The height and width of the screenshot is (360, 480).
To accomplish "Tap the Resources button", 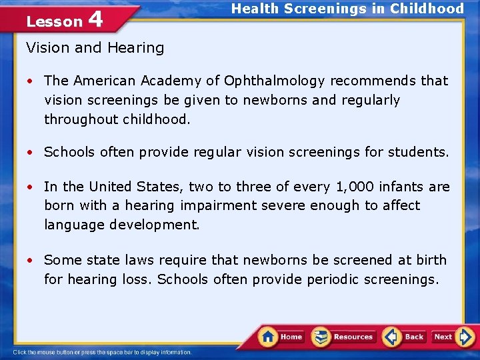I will (x=343, y=337).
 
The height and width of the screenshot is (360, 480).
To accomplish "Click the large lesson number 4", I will (x=95, y=19).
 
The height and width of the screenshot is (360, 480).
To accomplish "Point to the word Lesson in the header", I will (x=54, y=21).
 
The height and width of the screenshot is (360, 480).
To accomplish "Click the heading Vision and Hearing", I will (x=95, y=48).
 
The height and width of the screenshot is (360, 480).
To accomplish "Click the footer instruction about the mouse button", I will (x=103, y=352).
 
